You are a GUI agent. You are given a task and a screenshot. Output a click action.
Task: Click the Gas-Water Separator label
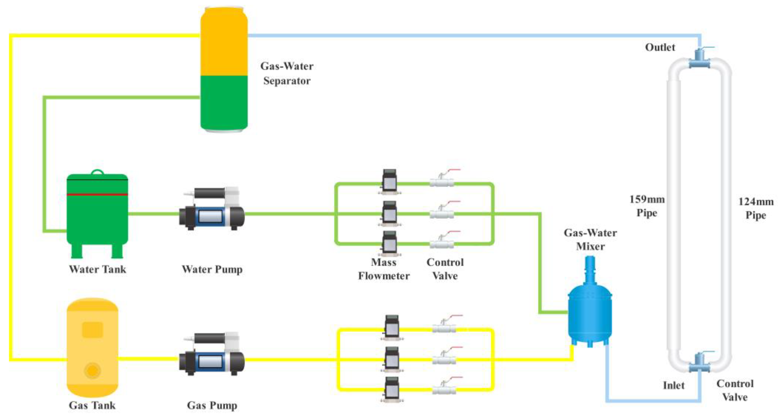pos(287,73)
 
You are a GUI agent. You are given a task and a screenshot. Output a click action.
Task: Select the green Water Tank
pos(97,214)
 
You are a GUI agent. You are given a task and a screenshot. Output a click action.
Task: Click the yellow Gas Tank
pos(92,347)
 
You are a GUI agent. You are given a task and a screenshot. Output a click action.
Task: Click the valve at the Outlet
pos(699,59)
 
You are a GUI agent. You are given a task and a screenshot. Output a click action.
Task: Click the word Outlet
pos(660,48)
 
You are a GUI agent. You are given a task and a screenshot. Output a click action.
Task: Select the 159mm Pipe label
pos(647,206)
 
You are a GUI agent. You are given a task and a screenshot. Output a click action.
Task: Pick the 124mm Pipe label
pos(756,208)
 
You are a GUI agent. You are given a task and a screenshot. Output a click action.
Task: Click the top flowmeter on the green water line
pos(389,181)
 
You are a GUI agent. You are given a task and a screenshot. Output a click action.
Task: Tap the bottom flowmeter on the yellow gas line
pos(392,389)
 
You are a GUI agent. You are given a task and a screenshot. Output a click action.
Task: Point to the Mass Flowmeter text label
pos(383,269)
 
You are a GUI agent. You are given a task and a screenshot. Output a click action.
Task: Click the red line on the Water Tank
pos(97,194)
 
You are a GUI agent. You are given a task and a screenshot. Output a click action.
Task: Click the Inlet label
pos(674,386)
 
